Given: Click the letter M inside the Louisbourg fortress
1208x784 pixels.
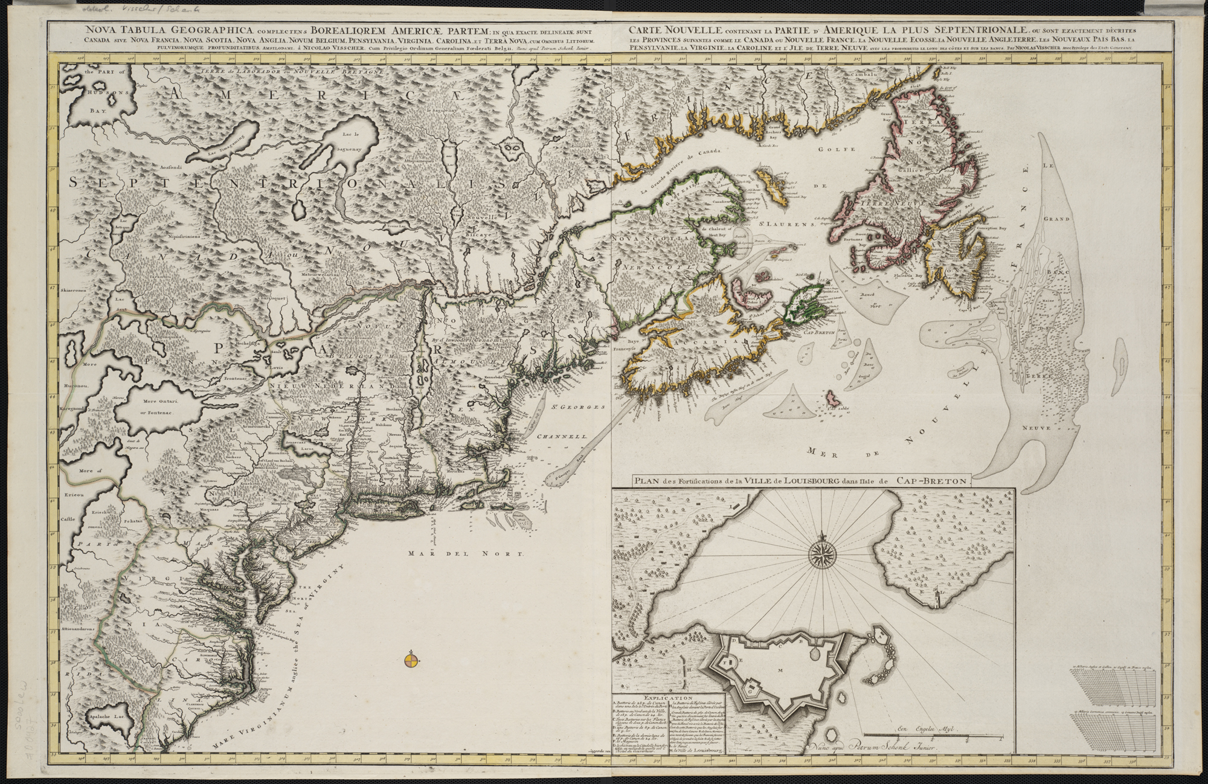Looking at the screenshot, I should (x=780, y=670).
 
